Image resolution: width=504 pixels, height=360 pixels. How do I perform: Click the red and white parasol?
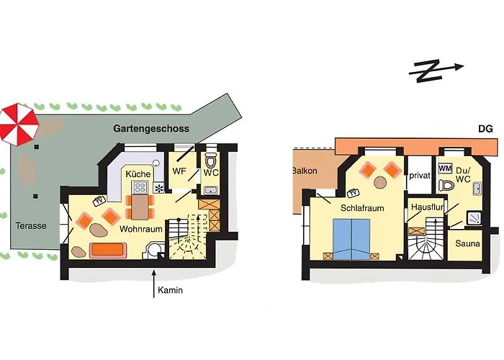pos(19,125)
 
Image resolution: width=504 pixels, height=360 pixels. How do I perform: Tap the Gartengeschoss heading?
pos(151,129)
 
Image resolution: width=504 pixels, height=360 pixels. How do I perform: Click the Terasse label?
pos(31,225)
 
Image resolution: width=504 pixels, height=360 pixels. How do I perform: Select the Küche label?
pos(138,174)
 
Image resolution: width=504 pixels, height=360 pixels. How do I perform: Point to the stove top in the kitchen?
pos(140,187)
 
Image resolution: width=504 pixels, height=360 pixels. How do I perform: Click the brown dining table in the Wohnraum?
pos(140,207)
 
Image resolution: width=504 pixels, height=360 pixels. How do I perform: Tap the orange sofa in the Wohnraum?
pos(108,250)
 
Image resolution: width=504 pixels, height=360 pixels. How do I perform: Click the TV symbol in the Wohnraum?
pos(99,201)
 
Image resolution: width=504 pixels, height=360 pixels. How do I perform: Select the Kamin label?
pos(170,290)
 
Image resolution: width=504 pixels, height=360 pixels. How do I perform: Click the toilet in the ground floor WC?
pos(211,160)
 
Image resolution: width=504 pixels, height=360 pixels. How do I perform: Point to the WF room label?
pos(179,171)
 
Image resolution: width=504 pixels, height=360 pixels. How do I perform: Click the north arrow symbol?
pos(436,71)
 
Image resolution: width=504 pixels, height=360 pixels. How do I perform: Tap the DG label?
pos(485,129)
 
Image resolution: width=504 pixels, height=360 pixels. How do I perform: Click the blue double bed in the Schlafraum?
pos(351,239)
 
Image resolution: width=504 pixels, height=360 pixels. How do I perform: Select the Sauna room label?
pos(468,243)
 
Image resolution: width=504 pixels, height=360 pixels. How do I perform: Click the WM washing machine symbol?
pos(445,168)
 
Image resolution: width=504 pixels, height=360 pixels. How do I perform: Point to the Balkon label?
pos(305,171)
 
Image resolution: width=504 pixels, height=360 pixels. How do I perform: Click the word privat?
pos(420,176)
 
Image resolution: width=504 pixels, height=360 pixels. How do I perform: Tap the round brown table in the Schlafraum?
pos(381,182)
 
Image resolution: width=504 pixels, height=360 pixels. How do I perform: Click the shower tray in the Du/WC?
pos(474,218)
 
